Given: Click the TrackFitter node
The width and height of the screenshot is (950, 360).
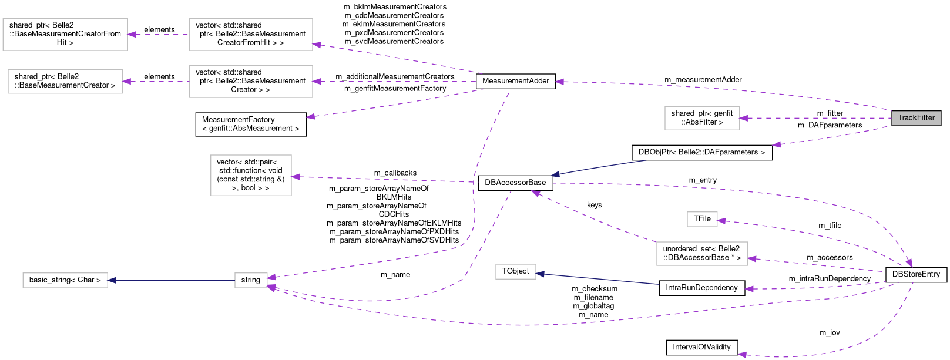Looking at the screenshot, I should (916, 118).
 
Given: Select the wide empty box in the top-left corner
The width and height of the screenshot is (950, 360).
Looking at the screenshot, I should (65, 34).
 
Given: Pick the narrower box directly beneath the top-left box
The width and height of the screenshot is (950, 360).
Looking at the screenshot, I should (65, 82).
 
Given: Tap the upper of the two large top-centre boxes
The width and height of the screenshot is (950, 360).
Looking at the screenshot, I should (251, 34).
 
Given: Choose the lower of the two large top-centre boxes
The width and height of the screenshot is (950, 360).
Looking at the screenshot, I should (251, 81).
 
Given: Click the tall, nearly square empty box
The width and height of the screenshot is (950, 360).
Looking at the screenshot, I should (251, 175).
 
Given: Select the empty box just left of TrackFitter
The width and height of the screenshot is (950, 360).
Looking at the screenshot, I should (702, 118).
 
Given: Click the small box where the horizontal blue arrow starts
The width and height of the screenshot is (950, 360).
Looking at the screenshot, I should (251, 280).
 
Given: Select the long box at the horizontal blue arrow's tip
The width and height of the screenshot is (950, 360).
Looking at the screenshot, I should (65, 280).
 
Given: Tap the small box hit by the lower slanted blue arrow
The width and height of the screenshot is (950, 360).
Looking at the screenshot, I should (516, 271).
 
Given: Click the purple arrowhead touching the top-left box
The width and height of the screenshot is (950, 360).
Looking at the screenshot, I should (132, 35).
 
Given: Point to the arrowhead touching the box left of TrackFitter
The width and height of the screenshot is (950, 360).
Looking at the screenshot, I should (744, 118).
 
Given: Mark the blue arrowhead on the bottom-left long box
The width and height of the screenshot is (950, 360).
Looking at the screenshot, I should (112, 280).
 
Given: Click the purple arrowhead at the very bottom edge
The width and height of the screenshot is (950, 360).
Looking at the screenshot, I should (742, 355).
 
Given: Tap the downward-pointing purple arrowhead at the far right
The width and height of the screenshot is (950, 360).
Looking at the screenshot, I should (909, 263).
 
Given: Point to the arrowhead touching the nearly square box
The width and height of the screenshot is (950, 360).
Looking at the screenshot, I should (296, 177).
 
